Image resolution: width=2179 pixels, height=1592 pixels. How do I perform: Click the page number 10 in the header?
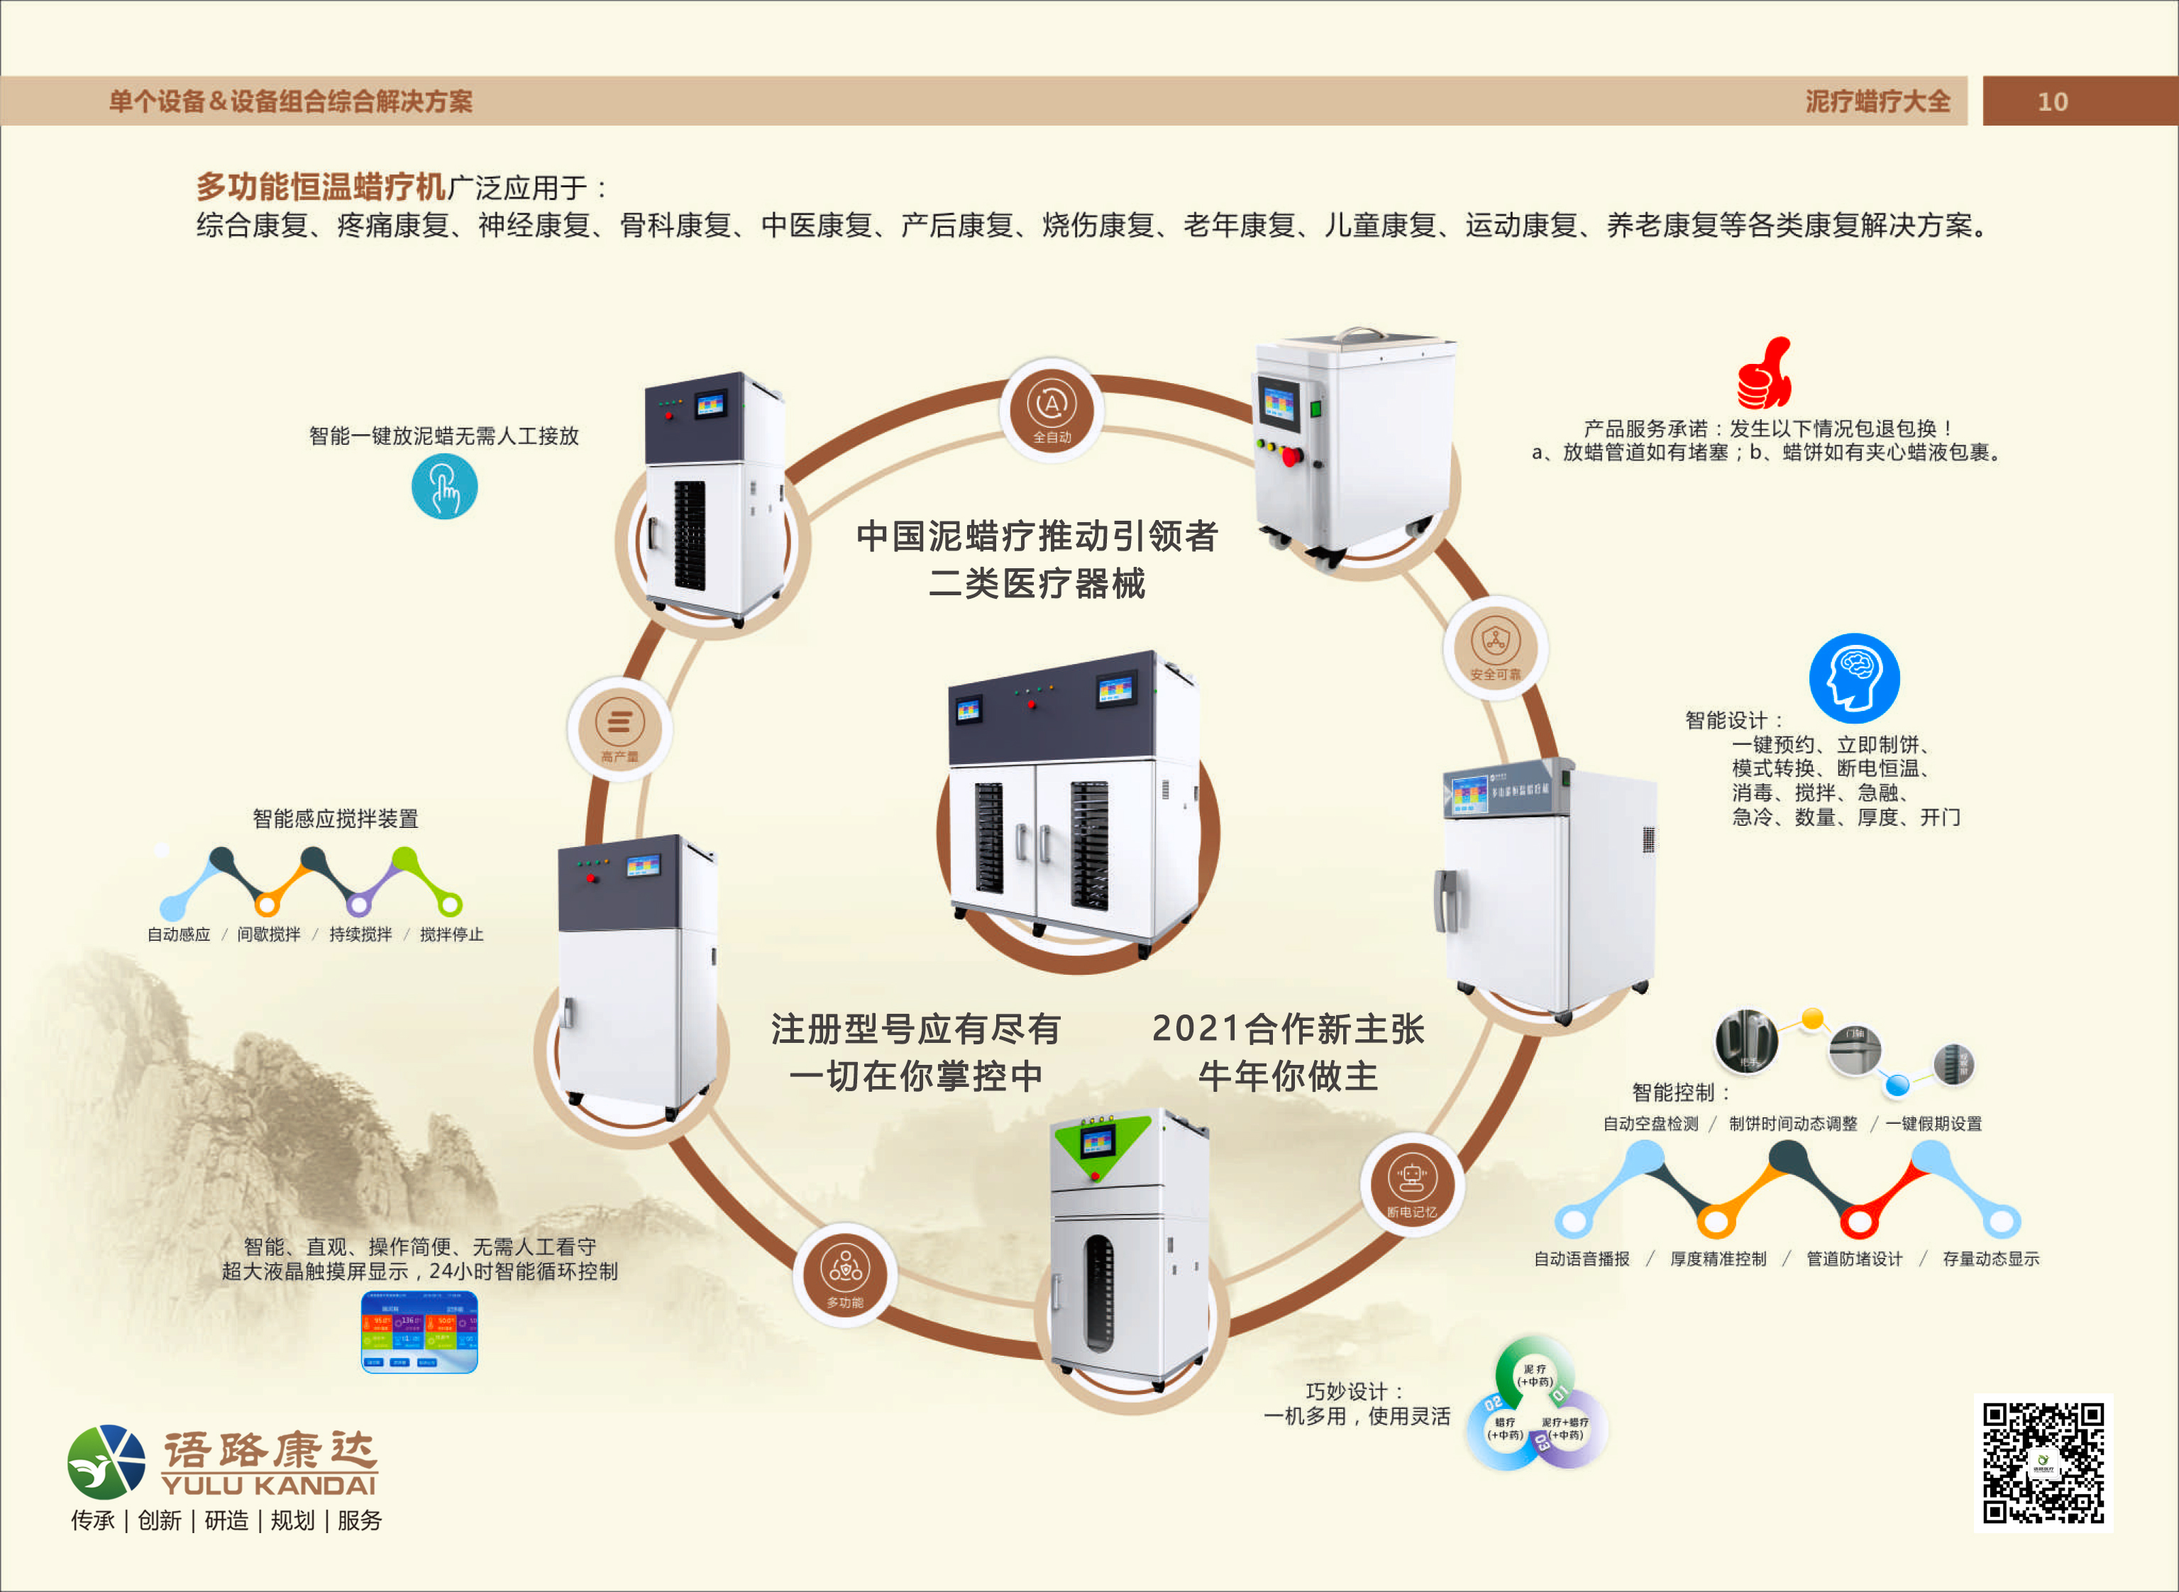[2052, 101]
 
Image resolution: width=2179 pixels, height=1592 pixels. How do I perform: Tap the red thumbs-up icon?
[1764, 374]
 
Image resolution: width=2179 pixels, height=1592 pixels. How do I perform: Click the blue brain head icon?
[1853, 678]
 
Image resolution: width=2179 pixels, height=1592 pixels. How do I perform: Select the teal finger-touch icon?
[444, 487]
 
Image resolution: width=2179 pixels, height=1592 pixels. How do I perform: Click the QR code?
[2042, 1463]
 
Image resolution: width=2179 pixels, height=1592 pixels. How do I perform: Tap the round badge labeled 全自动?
[1052, 409]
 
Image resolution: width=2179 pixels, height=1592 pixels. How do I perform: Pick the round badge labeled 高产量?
[619, 729]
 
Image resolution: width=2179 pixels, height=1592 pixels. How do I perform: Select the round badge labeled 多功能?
[845, 1276]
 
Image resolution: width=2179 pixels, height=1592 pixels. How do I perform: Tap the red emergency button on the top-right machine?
[1291, 457]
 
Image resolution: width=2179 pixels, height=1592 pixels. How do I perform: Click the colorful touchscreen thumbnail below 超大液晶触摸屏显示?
[419, 1332]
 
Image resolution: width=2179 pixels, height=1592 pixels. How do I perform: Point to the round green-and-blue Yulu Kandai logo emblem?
[106, 1462]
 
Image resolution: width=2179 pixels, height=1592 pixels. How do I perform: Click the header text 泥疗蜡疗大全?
[1877, 101]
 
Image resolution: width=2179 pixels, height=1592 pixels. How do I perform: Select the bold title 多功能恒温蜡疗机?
[321, 186]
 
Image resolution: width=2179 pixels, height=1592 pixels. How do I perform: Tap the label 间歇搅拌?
[269, 934]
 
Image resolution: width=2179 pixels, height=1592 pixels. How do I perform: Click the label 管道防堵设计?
[1854, 1259]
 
